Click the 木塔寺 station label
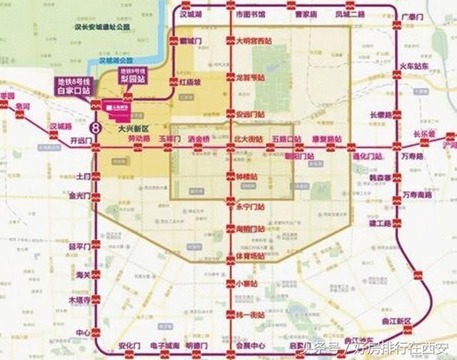click(79, 301)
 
